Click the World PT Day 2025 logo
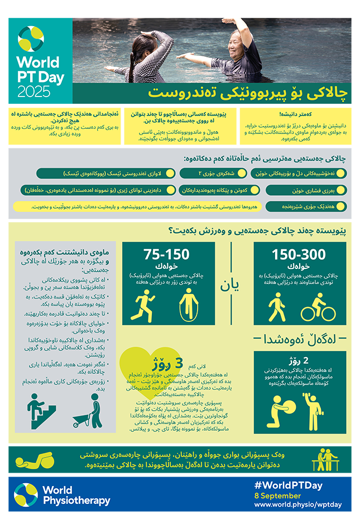click(40, 61)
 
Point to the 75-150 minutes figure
click(166, 255)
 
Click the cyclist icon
click(318, 305)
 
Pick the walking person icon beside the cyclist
click(277, 306)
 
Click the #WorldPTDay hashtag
click(288, 485)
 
